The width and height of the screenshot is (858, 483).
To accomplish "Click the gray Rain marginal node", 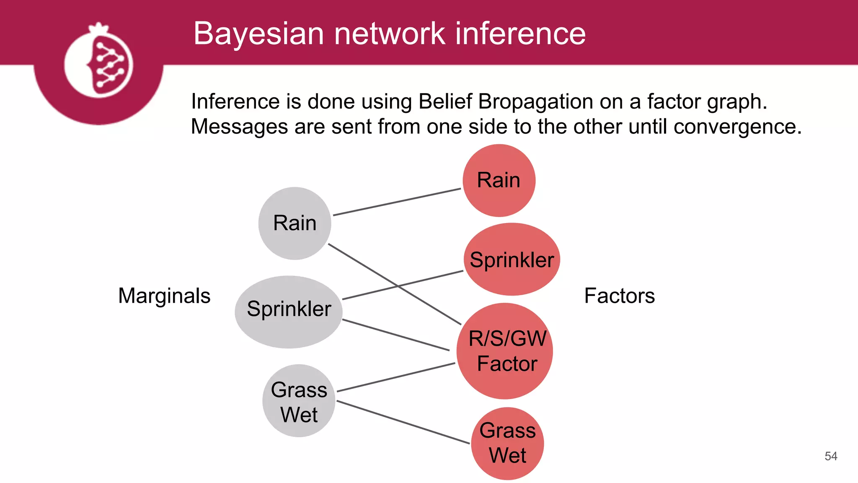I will [x=295, y=223].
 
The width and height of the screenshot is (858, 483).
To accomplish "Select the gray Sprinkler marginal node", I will [x=289, y=312].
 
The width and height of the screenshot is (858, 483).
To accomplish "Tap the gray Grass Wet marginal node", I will [x=299, y=401].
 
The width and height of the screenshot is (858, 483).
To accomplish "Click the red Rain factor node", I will [x=499, y=180].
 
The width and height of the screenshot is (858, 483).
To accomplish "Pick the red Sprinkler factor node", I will [x=512, y=260].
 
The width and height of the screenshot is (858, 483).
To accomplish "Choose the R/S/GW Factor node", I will [x=505, y=351].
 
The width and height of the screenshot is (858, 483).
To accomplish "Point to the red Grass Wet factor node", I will [x=507, y=443].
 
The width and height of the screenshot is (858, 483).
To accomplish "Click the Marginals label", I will [x=164, y=296].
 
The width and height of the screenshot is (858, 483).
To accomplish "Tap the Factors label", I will [x=619, y=296].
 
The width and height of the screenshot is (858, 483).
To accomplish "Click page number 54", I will [x=831, y=456].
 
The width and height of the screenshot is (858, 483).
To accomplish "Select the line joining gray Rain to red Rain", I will [x=397, y=202].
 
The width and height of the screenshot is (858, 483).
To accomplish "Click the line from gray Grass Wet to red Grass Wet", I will [x=403, y=422].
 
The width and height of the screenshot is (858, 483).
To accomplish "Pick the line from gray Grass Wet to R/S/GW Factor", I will [x=396, y=377].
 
